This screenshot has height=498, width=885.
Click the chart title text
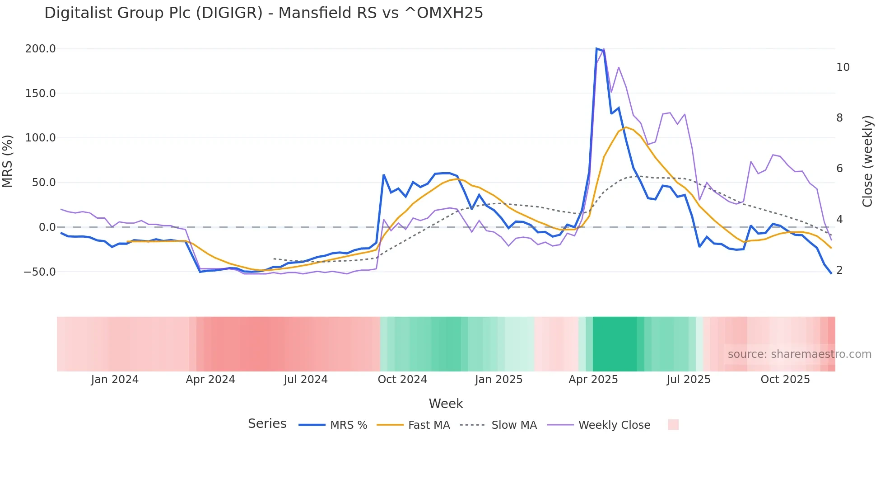click(264, 13)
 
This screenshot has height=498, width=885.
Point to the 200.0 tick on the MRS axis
click(40, 49)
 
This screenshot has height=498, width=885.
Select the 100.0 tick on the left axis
click(40, 138)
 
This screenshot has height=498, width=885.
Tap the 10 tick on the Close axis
click(843, 67)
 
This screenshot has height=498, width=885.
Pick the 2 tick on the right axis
click(839, 270)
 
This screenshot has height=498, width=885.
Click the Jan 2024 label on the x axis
click(115, 380)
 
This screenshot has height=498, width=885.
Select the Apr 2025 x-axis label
click(593, 380)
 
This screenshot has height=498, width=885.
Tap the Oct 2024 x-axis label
click(402, 380)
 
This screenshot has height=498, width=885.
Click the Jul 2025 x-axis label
click(689, 380)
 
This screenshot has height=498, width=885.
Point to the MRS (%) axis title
click(8, 161)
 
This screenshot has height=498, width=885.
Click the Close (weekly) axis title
click(867, 161)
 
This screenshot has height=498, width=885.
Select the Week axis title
click(446, 404)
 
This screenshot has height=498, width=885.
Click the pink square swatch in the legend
click(673, 425)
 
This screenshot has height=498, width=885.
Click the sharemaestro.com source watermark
click(799, 354)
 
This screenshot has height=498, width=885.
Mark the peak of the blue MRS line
click(596, 48)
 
